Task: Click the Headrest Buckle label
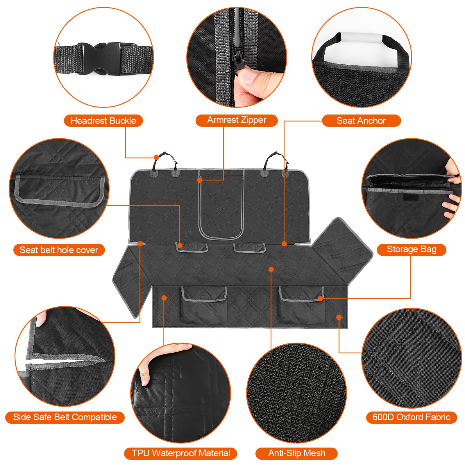103,121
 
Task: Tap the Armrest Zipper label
237,120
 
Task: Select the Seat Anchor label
361,121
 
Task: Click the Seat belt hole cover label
59,250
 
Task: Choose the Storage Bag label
412,249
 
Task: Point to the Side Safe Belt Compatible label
65,417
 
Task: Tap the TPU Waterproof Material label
180,453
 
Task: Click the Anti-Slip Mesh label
296,453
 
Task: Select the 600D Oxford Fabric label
412,417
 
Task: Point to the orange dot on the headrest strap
156,158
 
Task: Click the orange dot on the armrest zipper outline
200,180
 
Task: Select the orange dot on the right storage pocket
320,298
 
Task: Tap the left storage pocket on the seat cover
203,305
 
